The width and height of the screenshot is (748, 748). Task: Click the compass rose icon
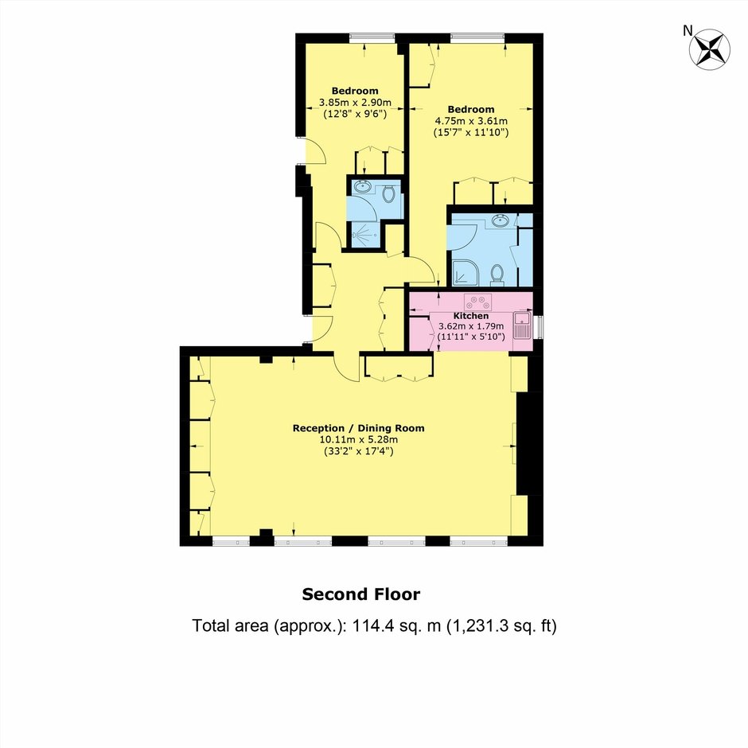(x=709, y=49)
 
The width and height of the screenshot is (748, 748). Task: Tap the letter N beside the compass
(x=688, y=31)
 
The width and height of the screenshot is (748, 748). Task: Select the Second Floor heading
(x=361, y=594)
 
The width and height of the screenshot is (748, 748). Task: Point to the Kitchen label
(x=471, y=316)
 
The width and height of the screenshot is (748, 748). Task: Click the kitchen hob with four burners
(x=478, y=302)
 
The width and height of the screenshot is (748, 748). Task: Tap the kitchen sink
(x=522, y=325)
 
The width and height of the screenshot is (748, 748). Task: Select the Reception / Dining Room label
(x=358, y=428)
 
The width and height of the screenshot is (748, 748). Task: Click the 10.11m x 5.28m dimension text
(x=358, y=440)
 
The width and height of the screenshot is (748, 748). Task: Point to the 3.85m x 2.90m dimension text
(x=355, y=103)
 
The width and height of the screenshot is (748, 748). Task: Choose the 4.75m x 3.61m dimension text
(x=471, y=121)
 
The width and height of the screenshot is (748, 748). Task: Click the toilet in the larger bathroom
(x=497, y=275)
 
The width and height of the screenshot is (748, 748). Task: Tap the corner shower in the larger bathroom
(x=464, y=273)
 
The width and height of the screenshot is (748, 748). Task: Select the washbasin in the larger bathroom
(x=501, y=220)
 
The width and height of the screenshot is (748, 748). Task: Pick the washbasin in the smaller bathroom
(x=364, y=186)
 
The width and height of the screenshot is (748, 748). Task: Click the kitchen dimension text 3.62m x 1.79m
(x=471, y=327)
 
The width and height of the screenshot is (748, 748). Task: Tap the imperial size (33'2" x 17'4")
(x=358, y=451)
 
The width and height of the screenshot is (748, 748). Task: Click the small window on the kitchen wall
(x=539, y=327)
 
